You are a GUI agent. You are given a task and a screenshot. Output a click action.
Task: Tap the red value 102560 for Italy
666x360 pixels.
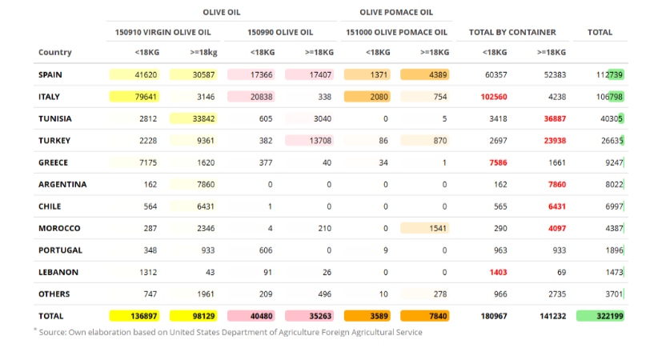[x=494, y=97]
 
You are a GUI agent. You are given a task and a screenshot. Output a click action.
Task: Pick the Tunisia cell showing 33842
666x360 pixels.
[x=194, y=118]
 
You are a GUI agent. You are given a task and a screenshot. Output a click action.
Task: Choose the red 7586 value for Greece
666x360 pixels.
[x=498, y=162]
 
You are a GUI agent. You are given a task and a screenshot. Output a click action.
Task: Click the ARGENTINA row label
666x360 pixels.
[x=62, y=184]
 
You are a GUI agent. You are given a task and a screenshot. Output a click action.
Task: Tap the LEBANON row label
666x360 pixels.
[x=58, y=272]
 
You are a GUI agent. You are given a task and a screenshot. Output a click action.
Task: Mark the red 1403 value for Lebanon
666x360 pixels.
[x=498, y=272]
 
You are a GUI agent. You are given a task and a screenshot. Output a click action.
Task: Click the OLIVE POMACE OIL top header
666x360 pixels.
[x=396, y=13]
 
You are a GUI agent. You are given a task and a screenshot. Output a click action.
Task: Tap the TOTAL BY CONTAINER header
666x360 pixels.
[x=512, y=33]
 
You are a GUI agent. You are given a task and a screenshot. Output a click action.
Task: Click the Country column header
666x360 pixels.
[x=54, y=52]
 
